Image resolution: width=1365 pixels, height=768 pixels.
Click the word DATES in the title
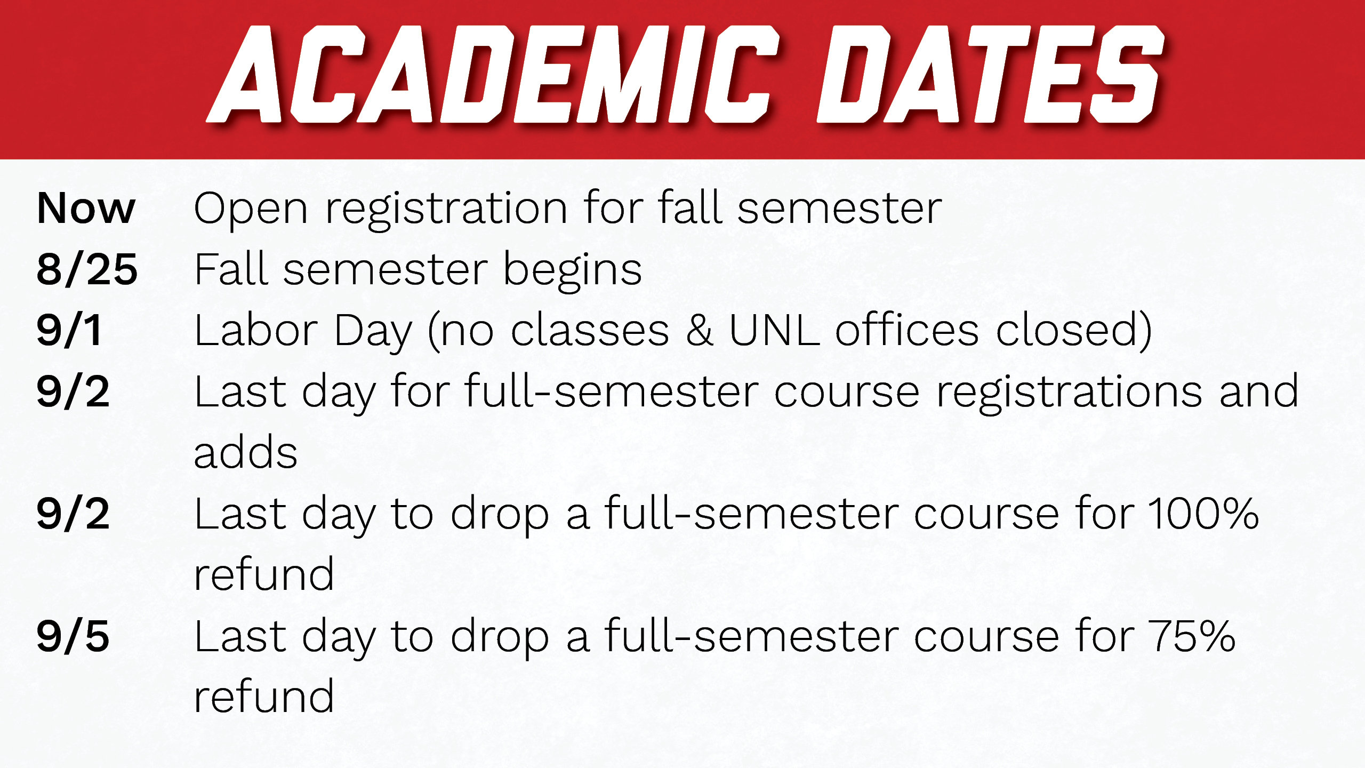[990, 74]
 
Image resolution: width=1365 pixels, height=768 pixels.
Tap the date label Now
[86, 208]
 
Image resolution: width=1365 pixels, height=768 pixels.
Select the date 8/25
[87, 269]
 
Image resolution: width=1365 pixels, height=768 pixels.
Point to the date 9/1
[69, 330]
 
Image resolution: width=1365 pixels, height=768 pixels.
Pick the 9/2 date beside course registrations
[73, 391]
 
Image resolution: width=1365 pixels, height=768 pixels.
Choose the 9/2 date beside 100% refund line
[73, 514]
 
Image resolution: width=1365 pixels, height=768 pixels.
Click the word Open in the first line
[251, 210]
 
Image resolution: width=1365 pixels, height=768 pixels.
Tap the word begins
[573, 271]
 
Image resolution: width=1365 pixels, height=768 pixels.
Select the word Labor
[256, 330]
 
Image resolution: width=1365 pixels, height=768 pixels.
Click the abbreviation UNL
[774, 330]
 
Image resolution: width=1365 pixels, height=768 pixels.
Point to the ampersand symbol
[699, 330]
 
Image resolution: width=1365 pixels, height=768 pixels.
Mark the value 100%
[1204, 514]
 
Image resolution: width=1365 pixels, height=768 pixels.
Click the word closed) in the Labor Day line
[1074, 331]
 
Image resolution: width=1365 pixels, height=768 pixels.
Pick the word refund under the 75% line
[264, 695]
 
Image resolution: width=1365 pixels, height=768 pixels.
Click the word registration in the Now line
[447, 210]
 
